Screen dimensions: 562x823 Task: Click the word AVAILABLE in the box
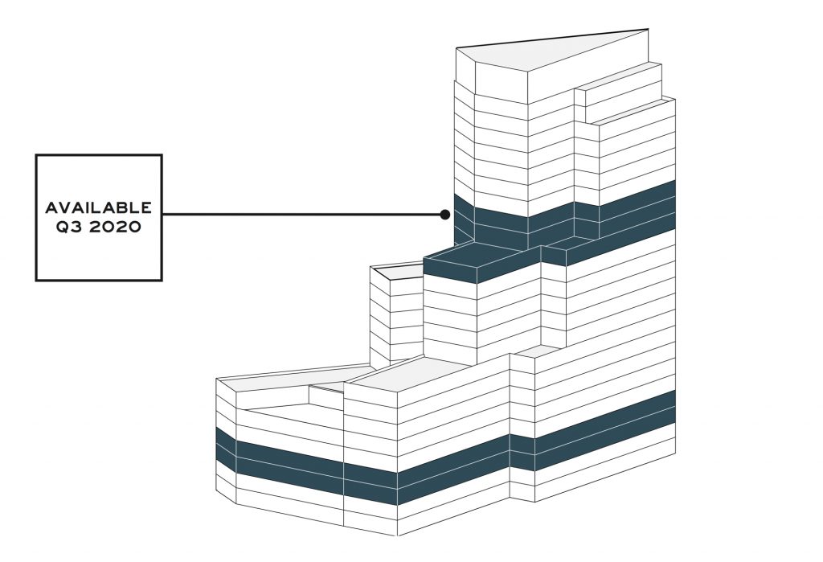(98, 208)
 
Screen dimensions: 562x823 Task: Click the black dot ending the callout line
(444, 215)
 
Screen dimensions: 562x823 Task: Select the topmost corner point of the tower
(648, 31)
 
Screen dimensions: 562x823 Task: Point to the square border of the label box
(99, 155)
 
